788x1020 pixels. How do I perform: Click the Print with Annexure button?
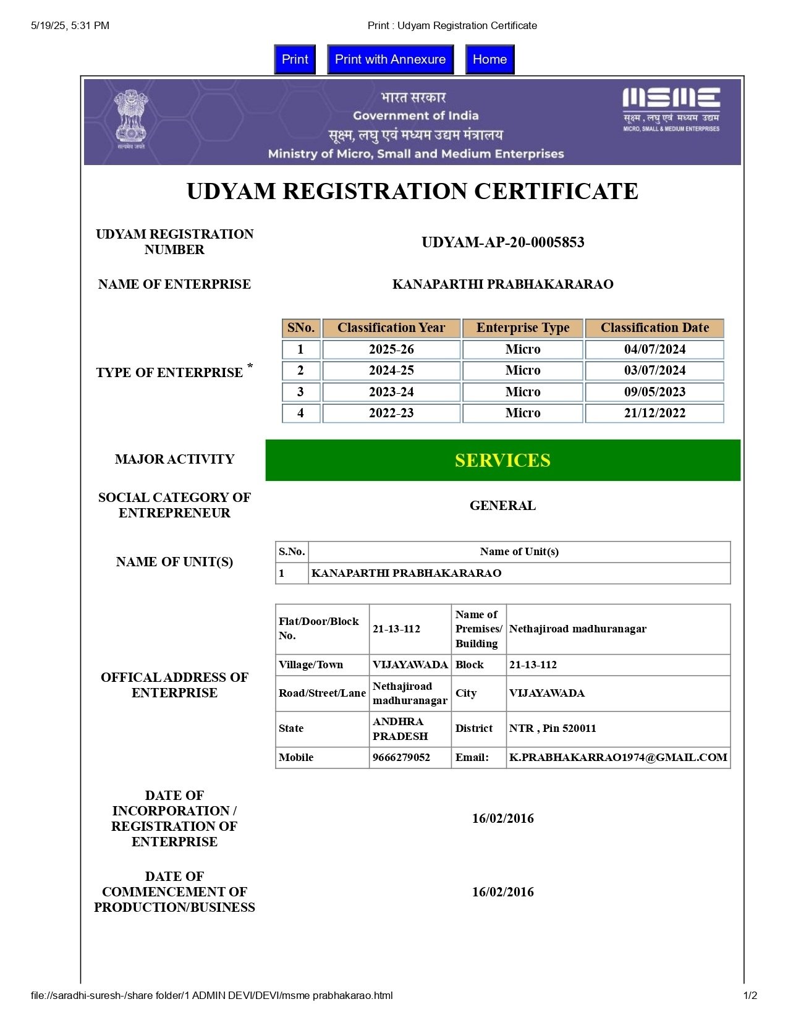(390, 59)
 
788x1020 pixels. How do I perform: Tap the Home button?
(489, 59)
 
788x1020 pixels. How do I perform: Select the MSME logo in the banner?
(671, 109)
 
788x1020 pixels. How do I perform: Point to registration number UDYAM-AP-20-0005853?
(502, 242)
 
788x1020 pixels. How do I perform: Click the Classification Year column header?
(391, 328)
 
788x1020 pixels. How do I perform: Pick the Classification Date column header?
(655, 328)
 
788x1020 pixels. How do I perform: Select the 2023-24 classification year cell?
(391, 392)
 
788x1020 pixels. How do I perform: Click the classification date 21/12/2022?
(655, 413)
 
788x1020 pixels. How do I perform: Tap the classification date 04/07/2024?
(655, 349)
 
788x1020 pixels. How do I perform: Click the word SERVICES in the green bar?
(502, 461)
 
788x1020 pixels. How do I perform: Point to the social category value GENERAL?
(502, 506)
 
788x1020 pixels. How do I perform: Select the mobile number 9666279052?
(401, 757)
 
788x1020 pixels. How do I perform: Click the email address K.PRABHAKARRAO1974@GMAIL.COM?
(618, 757)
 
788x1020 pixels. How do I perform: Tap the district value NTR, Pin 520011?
(553, 728)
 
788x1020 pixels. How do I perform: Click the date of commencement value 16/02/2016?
(502, 892)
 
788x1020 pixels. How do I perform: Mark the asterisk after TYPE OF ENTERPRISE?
(250, 366)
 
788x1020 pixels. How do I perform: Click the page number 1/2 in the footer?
(750, 995)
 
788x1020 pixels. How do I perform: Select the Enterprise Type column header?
(523, 328)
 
